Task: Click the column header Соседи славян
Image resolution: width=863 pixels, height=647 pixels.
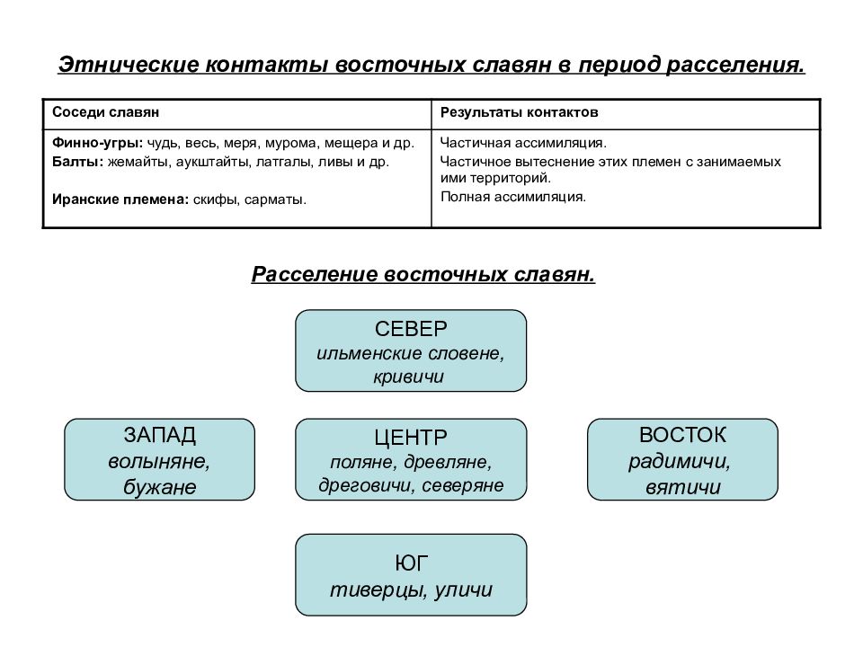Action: tap(106, 112)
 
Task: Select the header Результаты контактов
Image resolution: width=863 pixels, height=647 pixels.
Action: tap(519, 112)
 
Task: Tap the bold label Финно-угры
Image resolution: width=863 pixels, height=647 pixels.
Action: tap(97, 143)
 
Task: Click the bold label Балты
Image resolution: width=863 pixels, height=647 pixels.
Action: tap(77, 162)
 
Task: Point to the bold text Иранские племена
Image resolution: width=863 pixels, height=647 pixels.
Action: tap(120, 199)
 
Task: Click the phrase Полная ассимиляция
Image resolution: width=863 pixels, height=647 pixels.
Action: tap(513, 197)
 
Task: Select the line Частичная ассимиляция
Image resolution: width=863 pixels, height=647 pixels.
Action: tap(523, 143)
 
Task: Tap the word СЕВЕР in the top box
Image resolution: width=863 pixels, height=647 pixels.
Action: tap(411, 329)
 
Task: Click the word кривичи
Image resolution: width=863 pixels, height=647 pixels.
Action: tap(408, 377)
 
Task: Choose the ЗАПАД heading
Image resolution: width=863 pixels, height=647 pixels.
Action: tap(160, 435)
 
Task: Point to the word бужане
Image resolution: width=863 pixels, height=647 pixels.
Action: tap(160, 486)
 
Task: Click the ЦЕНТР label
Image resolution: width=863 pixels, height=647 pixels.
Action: tap(411, 438)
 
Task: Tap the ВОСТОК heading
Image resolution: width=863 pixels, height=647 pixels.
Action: tap(682, 435)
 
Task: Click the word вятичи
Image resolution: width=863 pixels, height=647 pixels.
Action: tap(683, 487)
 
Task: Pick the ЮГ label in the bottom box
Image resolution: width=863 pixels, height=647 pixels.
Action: tap(411, 563)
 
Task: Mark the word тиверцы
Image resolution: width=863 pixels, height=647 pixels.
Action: tap(377, 590)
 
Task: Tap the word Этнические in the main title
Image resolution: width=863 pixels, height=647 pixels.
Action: tap(129, 65)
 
